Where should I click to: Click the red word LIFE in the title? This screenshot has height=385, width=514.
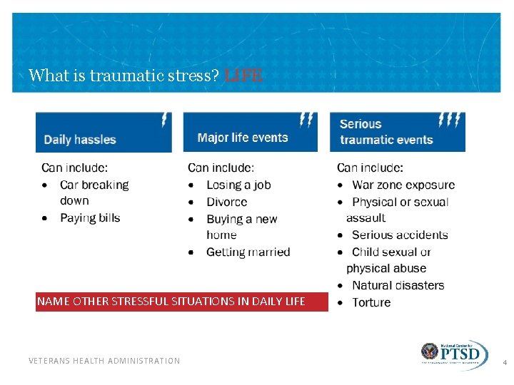(243, 75)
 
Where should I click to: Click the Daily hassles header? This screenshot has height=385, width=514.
(80, 139)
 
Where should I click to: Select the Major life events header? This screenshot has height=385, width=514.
(242, 138)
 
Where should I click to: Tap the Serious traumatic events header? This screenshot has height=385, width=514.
(386, 132)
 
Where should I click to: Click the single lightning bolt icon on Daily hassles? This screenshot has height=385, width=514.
(166, 119)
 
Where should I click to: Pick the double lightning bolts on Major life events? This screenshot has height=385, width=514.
(307, 119)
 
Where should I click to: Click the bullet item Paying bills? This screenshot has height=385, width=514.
(90, 217)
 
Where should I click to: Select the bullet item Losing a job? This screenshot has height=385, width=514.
(238, 185)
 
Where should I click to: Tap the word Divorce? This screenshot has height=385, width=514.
(226, 202)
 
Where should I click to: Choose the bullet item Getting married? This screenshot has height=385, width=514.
(248, 252)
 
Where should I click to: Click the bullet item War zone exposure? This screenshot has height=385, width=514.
(403, 185)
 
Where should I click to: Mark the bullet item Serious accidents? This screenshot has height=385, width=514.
(400, 235)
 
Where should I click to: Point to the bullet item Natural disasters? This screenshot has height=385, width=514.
(398, 285)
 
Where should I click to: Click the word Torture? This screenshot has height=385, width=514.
(371, 302)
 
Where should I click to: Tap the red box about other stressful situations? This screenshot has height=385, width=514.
(171, 301)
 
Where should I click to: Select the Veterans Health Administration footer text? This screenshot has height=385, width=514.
(104, 361)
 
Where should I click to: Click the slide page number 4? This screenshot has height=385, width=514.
(505, 363)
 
